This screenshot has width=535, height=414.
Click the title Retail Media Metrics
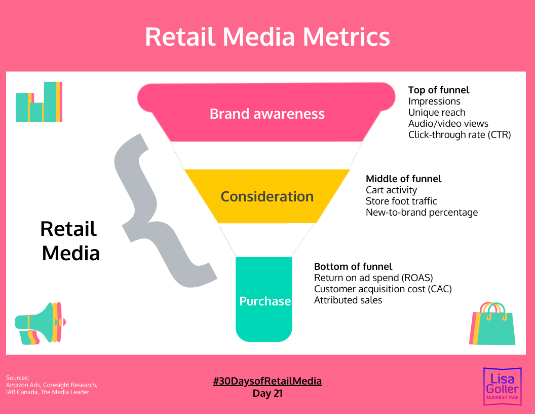(267, 37)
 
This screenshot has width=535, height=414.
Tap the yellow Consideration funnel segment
(267, 196)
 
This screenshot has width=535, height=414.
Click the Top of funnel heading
(439, 90)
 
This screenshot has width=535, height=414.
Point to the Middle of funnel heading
(403, 179)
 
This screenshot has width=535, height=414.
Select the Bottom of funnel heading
(353, 266)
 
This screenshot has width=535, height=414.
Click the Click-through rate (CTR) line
(460, 134)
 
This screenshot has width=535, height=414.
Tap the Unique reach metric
(436, 112)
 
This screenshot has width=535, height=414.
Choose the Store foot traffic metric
(401, 201)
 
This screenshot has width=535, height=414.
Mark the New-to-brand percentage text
(422, 212)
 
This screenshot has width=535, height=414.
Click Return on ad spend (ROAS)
(373, 278)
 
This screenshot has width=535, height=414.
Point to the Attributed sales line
(348, 300)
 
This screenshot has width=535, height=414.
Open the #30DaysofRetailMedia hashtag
(267, 381)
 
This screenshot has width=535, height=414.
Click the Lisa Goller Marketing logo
(501, 386)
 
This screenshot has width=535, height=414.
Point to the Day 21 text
(267, 393)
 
